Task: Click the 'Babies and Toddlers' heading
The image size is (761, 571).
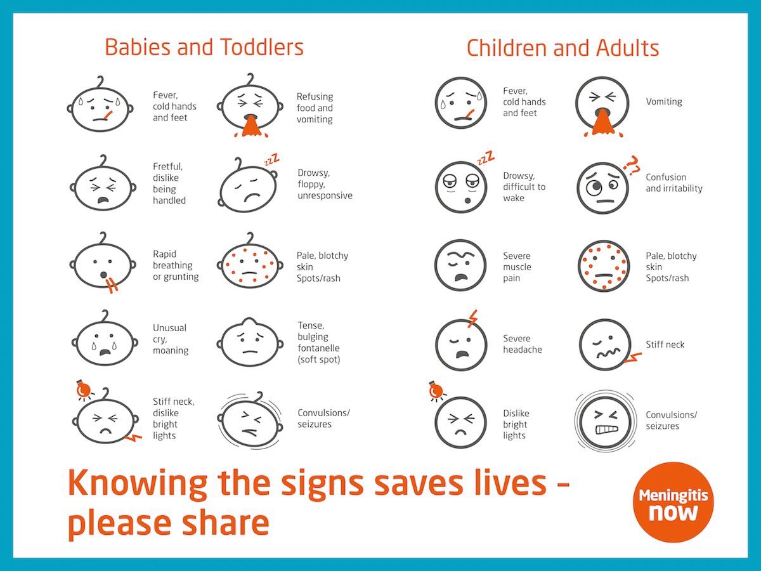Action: coord(204,48)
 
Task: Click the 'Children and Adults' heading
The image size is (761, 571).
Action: coord(563,48)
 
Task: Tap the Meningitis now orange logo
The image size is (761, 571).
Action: coord(673,502)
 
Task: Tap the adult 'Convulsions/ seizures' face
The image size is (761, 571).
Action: coord(603,420)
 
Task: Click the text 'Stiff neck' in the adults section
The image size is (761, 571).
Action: coord(665,345)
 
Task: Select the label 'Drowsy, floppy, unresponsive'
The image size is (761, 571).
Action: coord(325,184)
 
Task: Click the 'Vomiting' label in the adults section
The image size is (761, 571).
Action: coord(664,102)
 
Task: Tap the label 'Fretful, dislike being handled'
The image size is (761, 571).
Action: coord(169,183)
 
